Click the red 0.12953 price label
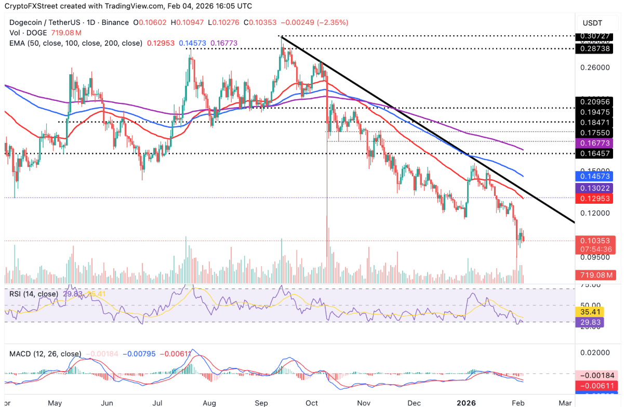595,199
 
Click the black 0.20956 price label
595,101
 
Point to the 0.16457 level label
595,154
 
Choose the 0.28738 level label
595,48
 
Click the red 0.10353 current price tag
595,241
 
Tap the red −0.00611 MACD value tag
595,386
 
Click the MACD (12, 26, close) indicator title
45,354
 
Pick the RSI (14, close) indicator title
34,294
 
